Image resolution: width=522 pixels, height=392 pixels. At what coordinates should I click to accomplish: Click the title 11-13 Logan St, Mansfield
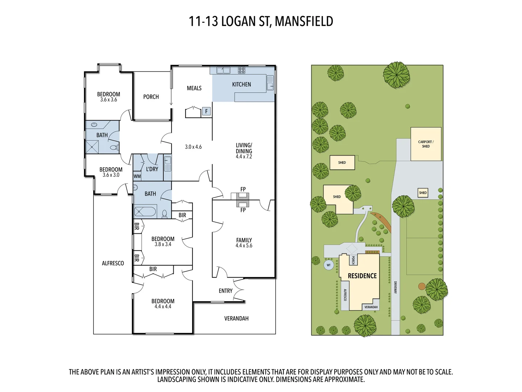tap(261, 21)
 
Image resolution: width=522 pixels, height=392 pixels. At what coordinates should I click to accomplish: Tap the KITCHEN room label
tap(241, 85)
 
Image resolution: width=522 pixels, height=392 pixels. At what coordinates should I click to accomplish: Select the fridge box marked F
tap(206, 111)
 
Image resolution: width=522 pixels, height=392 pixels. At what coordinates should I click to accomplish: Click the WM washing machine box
tap(137, 176)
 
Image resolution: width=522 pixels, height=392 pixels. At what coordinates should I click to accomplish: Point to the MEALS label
tap(194, 88)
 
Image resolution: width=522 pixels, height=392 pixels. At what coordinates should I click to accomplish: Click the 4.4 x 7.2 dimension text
tap(244, 157)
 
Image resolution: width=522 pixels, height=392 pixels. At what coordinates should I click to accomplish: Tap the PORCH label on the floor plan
tap(151, 97)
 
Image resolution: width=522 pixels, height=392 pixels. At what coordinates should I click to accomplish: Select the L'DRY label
tap(152, 169)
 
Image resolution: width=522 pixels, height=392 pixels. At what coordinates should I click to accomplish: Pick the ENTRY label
tap(225, 291)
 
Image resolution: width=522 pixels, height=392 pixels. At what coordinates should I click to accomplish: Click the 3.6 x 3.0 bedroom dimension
tap(111, 175)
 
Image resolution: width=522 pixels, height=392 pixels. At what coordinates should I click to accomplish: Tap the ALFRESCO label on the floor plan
tap(113, 263)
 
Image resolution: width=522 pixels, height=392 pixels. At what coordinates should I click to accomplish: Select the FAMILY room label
tap(244, 240)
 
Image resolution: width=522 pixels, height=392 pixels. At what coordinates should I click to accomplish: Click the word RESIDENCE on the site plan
tap(362, 276)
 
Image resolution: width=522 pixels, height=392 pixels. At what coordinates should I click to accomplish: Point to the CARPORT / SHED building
tap(426, 144)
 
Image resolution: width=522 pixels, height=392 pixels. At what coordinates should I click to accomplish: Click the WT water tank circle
tap(329, 265)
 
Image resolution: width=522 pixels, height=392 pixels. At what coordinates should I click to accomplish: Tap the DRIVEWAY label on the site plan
tap(395, 287)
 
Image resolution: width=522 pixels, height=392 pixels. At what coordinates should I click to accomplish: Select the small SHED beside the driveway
tap(423, 193)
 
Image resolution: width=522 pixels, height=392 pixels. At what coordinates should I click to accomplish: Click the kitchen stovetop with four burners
tap(241, 70)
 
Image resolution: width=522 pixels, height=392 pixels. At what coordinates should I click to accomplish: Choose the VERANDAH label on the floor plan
tap(236, 318)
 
